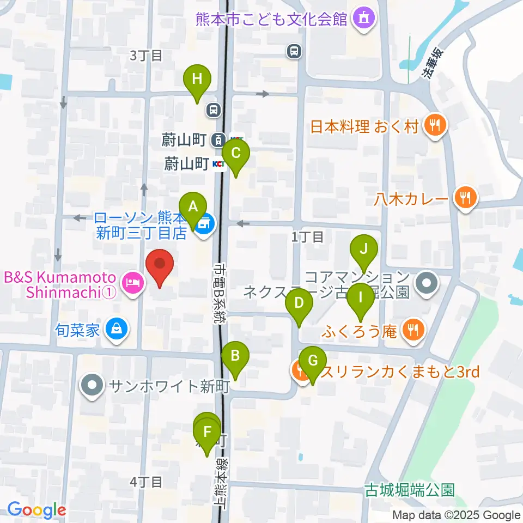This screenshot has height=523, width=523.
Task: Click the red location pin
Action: [160, 265]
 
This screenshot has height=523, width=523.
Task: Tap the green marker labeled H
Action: [197, 80]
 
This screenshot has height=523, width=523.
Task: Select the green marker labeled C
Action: [235, 154]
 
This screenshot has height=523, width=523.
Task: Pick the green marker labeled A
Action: [193, 208]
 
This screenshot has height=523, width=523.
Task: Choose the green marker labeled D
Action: [299, 303]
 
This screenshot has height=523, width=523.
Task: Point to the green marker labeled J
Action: [365, 250]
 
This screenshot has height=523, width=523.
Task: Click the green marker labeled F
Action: [207, 433]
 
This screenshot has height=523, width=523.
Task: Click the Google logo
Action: [37, 510]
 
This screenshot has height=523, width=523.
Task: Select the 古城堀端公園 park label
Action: [410, 490]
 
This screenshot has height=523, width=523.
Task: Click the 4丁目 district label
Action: [147, 482]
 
